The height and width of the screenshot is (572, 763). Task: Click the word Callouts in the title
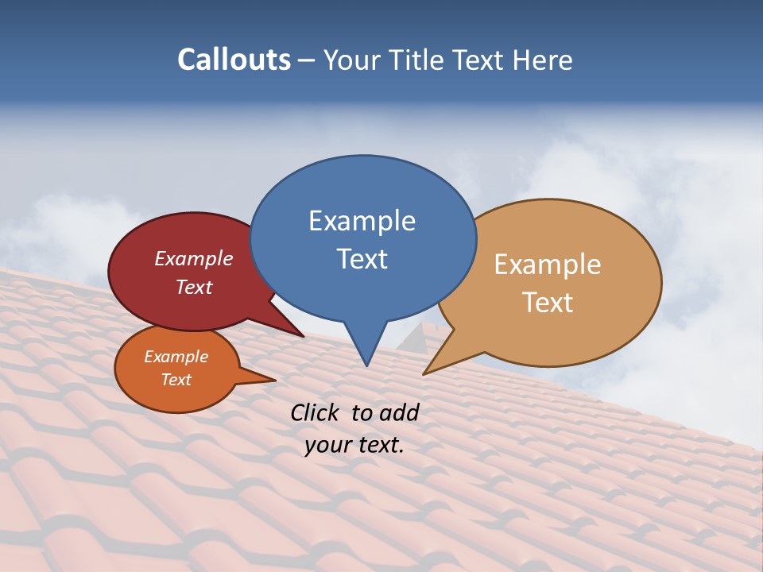coord(234,60)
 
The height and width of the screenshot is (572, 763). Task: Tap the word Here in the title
coord(544,60)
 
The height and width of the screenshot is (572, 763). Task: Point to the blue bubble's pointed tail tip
coord(366,365)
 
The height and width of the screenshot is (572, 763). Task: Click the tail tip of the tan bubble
coord(424,373)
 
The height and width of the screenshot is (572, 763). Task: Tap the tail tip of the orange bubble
coord(274,380)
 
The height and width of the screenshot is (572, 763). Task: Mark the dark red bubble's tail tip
coord(303,336)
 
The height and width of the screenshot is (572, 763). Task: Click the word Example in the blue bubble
coord(362,221)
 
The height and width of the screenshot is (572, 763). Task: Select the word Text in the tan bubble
coord(548,303)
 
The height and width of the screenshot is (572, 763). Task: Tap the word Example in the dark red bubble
coord(194,259)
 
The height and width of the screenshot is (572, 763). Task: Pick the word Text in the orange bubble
coord(176,380)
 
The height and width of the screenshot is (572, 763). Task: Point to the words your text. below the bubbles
coord(354,445)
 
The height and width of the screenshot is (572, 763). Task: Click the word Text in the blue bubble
coord(362,259)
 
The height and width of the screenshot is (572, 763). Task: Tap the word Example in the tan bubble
coord(548,265)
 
